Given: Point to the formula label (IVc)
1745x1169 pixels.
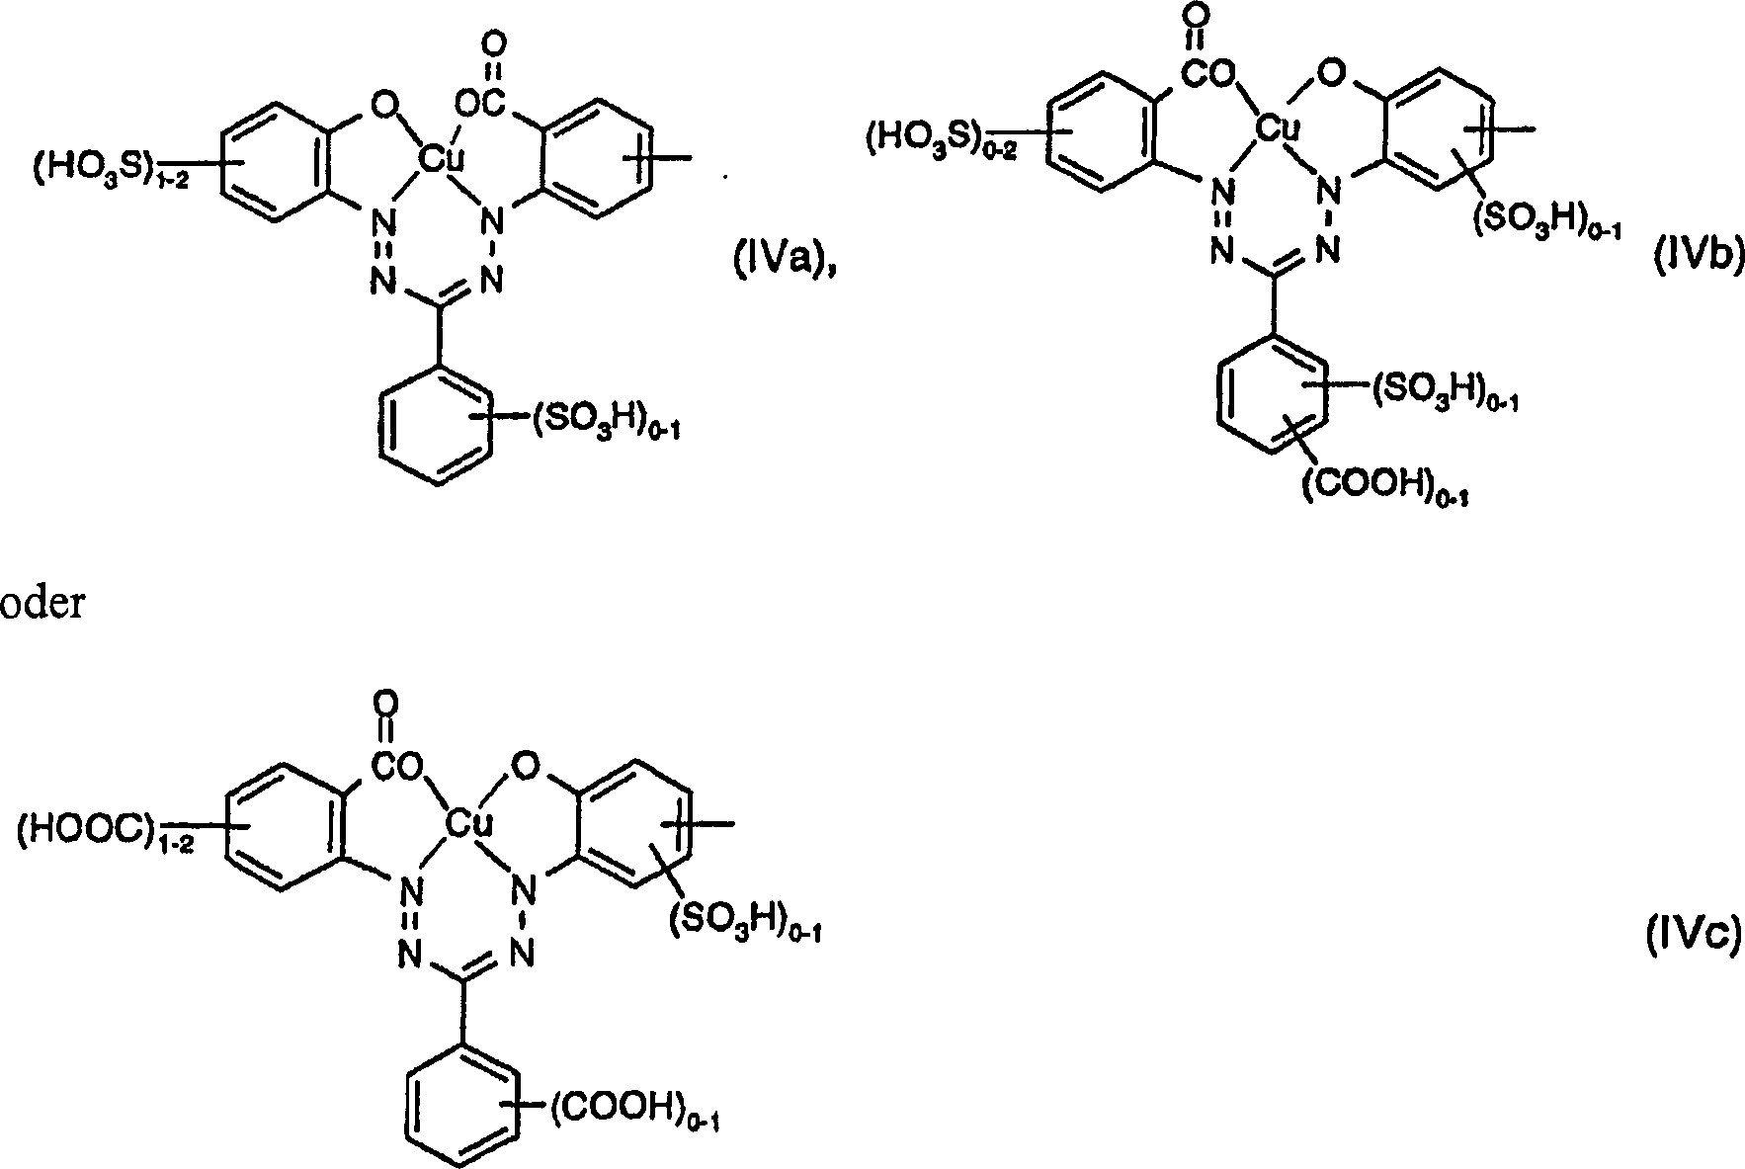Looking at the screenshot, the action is [1692, 935].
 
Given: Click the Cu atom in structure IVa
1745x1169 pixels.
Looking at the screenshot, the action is [433, 157].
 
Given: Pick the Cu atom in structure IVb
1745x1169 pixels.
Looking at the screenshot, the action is [1276, 128].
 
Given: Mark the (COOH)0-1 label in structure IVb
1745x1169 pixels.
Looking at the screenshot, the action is [1383, 487].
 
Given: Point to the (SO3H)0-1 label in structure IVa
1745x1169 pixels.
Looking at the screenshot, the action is [607, 427].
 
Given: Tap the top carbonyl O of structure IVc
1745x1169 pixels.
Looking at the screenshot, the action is [385, 703].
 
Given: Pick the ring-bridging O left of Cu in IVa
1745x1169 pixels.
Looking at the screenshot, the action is [384, 102].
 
